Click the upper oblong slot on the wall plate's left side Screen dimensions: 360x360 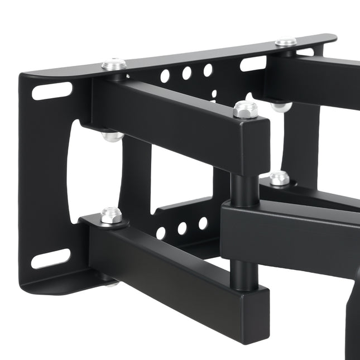pos(52,90)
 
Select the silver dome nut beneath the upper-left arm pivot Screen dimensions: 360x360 pos(113,136)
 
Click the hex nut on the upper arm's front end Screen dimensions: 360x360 pos(246,109)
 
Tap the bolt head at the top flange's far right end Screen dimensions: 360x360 pos(286,42)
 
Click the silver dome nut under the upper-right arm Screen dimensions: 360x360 pos(281,106)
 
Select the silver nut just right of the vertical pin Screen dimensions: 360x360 pos(280,178)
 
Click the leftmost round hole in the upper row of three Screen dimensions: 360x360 pos(165,76)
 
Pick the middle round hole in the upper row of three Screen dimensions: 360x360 pos(186,73)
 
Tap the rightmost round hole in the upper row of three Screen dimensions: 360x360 pos(208,70)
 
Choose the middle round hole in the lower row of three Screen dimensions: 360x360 pos(182,228)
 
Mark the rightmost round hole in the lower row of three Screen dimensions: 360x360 pos(203,223)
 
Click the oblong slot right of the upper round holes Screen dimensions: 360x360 pos(253,63)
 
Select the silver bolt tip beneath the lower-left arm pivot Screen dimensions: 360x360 pos(113,284)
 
